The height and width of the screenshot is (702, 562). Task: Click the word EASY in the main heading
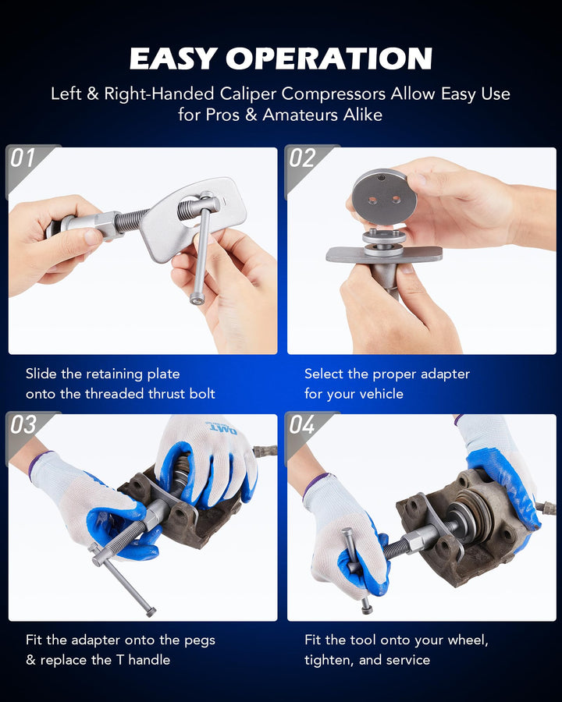click(x=174, y=58)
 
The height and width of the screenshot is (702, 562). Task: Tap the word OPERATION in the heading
click(x=329, y=58)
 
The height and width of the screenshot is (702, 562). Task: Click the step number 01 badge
click(x=23, y=158)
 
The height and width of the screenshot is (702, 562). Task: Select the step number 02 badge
click(x=302, y=158)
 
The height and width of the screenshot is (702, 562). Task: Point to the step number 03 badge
click(x=23, y=424)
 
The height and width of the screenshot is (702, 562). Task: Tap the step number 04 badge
click(x=302, y=424)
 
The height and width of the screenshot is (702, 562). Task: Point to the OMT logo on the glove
click(x=222, y=429)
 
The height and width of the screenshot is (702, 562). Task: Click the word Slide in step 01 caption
click(x=41, y=374)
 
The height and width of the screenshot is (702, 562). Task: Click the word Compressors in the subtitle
click(x=333, y=94)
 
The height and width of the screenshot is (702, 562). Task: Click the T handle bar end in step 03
click(x=151, y=611)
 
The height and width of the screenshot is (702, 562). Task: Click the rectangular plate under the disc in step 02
click(x=383, y=255)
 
